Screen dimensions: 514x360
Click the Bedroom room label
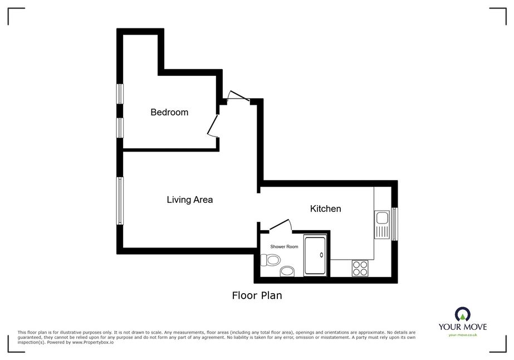pos(169,112)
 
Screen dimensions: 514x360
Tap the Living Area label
pos(190,200)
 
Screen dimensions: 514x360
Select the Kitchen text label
pos(326,208)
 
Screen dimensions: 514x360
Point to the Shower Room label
pos(284,246)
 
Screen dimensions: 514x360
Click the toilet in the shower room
pos(270,260)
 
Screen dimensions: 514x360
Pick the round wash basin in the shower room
pos(287,271)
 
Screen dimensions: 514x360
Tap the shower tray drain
pos(321,255)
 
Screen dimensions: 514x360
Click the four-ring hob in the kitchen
pos(360,268)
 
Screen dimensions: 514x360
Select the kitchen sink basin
pos(382,217)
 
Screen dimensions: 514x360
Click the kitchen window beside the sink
pos(394,224)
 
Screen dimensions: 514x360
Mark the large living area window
pos(120,201)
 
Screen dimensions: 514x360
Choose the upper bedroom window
pos(120,94)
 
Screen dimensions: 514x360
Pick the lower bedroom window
pos(120,128)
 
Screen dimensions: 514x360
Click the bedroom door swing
pos(213,126)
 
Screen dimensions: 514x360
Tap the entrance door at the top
pos(239,95)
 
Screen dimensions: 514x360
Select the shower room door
pos(280,226)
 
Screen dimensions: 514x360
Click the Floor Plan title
pos(257,295)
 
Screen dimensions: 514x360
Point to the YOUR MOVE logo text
pos(463,327)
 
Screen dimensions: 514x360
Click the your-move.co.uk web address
pos(463,335)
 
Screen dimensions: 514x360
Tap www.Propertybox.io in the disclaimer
pos(93,342)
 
